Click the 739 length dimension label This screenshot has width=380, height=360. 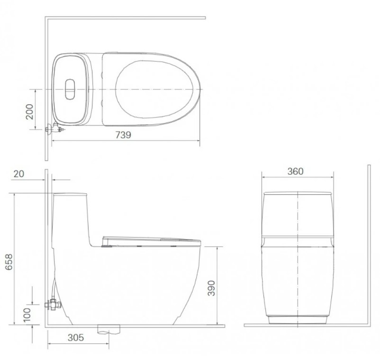[123, 135]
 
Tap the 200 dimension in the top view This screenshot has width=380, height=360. [29, 112]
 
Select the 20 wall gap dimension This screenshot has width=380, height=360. [18, 174]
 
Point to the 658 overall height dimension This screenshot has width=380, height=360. [9, 262]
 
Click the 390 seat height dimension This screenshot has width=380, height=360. [211, 288]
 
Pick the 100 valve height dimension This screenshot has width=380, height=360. [27, 315]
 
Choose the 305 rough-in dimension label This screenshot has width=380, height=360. [76, 337]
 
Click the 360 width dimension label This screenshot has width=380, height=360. [295, 171]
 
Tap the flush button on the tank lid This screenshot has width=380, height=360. [70, 89]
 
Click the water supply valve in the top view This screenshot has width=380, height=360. [55, 128]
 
